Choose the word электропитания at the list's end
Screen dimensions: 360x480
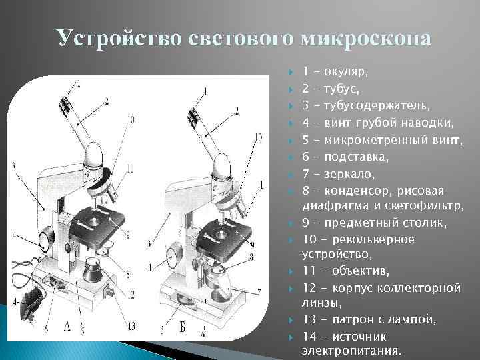point(351,350)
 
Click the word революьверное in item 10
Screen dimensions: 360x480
point(373,239)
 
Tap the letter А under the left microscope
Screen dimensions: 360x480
point(67,327)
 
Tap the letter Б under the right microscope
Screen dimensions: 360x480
point(183,327)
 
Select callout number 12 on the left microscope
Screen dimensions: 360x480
point(131,294)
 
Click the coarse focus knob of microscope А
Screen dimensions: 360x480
point(46,237)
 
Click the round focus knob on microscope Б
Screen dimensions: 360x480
point(173,257)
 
